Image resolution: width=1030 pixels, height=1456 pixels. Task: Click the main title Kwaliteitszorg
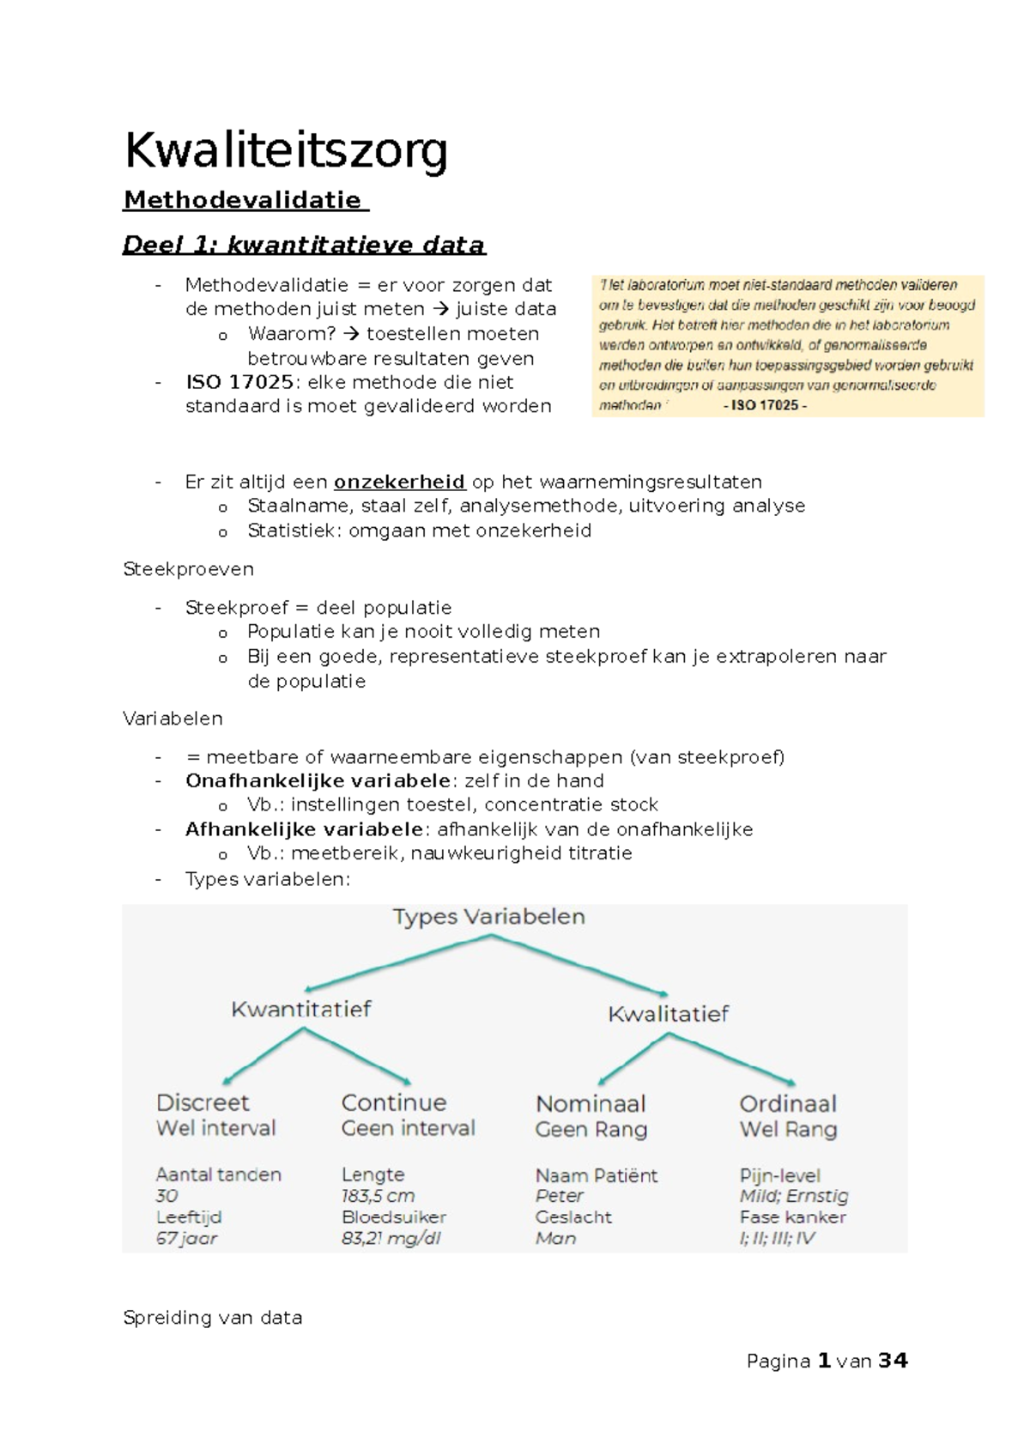[x=286, y=151]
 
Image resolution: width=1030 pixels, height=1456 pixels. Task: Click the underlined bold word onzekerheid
[x=400, y=482]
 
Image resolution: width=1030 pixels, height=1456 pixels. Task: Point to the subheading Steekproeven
[x=188, y=569]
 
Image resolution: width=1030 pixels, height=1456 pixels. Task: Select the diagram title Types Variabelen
[x=488, y=917]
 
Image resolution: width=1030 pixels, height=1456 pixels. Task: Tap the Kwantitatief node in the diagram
[x=301, y=1009]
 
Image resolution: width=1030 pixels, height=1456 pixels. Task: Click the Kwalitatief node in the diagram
[x=668, y=1014]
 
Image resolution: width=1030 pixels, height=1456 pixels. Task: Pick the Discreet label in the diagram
[x=203, y=1102]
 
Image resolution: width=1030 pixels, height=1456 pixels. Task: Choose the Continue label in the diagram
[x=394, y=1102]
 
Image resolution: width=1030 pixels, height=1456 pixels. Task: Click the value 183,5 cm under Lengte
[x=378, y=1196]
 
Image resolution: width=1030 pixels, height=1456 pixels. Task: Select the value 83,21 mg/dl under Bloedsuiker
[x=391, y=1238]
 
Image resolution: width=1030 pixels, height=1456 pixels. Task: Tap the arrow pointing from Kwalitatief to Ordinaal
[x=735, y=1059]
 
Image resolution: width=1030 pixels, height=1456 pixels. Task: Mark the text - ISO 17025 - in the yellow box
[x=765, y=406]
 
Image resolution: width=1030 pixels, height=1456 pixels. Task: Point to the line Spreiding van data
[x=213, y=1318]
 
